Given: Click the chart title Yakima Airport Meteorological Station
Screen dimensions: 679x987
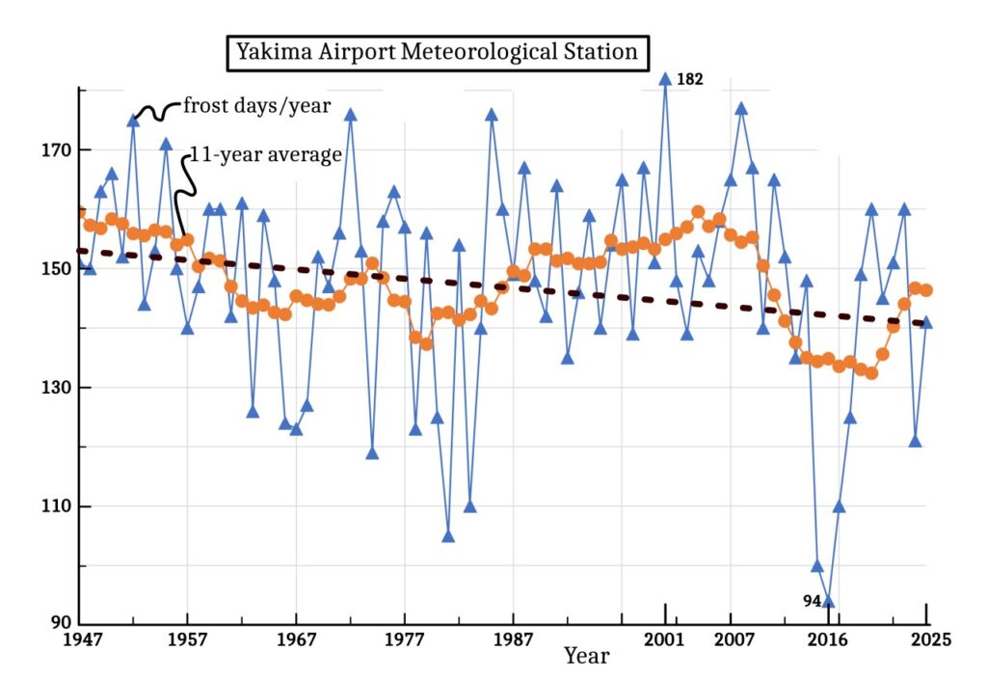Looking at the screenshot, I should (x=437, y=52).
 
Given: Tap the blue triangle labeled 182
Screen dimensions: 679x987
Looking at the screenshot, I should (x=665, y=80).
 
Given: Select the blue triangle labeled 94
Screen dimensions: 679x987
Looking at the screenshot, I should (x=828, y=601).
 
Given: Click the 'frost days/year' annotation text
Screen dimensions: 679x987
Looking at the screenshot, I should (x=256, y=106).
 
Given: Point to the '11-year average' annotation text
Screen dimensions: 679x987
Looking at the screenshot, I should (x=266, y=154).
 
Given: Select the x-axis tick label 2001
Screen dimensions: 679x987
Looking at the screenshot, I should (x=665, y=639).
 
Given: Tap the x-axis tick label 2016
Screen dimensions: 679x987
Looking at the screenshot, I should (x=828, y=639).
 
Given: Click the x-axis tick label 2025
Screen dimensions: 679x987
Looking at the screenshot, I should (x=925, y=639).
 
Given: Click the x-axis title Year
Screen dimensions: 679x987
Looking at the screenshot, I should (x=587, y=657).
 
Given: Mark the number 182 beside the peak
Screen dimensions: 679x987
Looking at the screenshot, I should (x=690, y=80).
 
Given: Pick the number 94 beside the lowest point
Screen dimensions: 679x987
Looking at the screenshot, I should (x=813, y=601).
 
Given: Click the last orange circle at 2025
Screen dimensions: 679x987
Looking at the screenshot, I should (x=925, y=290).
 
